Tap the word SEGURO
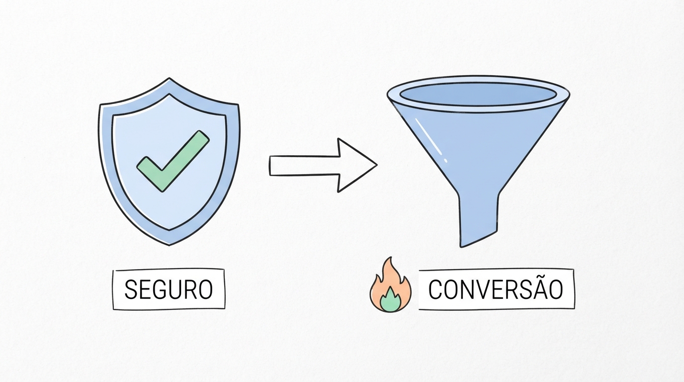click(x=169, y=289)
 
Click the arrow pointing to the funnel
click(x=323, y=165)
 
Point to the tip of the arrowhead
click(x=377, y=165)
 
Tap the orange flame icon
click(x=391, y=285)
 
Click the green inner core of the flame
click(x=391, y=300)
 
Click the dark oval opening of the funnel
click(x=478, y=94)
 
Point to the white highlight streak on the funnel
click(x=431, y=140)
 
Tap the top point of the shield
click(x=170, y=78)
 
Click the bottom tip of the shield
click(x=170, y=245)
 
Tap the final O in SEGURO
click(x=205, y=289)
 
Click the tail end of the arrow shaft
click(x=270, y=166)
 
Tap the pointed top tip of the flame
click(x=391, y=257)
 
